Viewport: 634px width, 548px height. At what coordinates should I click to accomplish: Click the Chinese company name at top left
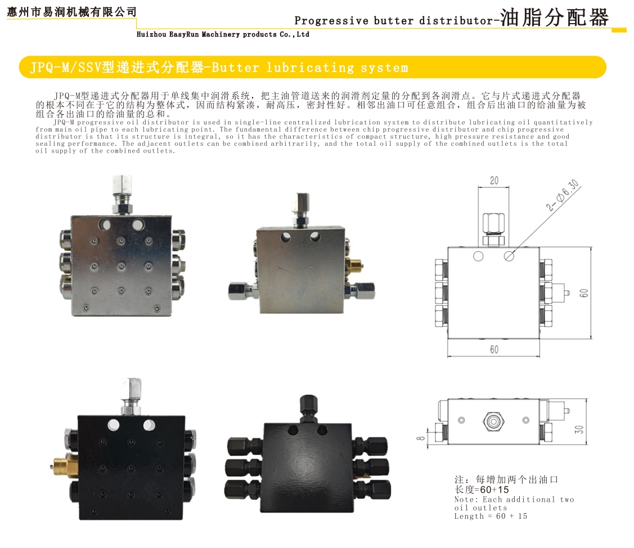pyautogui.click(x=72, y=12)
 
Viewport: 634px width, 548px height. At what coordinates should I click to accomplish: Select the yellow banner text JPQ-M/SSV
pyautogui.click(x=65, y=67)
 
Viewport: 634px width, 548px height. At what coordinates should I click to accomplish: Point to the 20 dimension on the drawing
pyautogui.click(x=494, y=181)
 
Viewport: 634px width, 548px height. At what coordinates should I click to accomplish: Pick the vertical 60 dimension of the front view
pyautogui.click(x=584, y=293)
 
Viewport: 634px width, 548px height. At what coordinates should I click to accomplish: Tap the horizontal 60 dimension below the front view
pyautogui.click(x=494, y=349)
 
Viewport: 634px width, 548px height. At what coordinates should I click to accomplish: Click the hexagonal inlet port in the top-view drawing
pyautogui.click(x=493, y=421)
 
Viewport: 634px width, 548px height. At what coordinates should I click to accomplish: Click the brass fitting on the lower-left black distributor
pyautogui.click(x=65, y=465)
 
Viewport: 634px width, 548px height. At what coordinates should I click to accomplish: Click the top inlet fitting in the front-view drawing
pyautogui.click(x=493, y=230)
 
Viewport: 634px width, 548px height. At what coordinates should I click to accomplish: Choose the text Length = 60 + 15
pyautogui.click(x=491, y=516)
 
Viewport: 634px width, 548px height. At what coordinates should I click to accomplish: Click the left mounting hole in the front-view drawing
pyautogui.click(x=478, y=257)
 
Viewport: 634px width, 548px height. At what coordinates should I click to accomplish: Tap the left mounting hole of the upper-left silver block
pyautogui.click(x=104, y=224)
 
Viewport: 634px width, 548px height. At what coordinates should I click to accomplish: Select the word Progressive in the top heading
pyautogui.click(x=331, y=21)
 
